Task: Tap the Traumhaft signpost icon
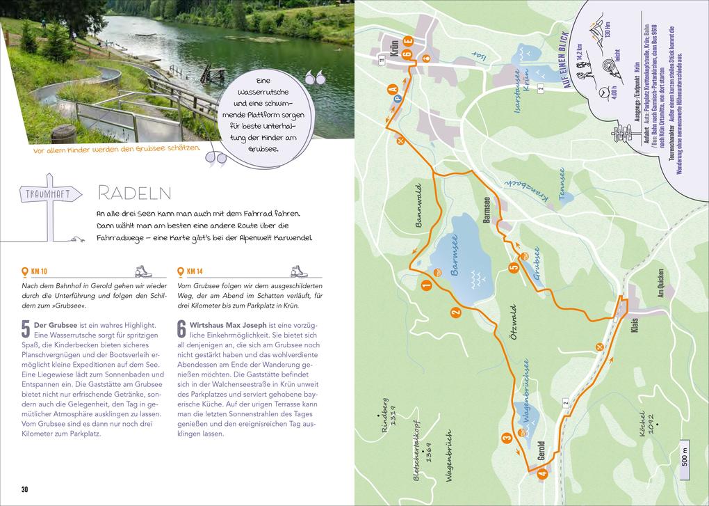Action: (49, 196)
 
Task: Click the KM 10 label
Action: (40, 271)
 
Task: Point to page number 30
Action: (24, 489)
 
